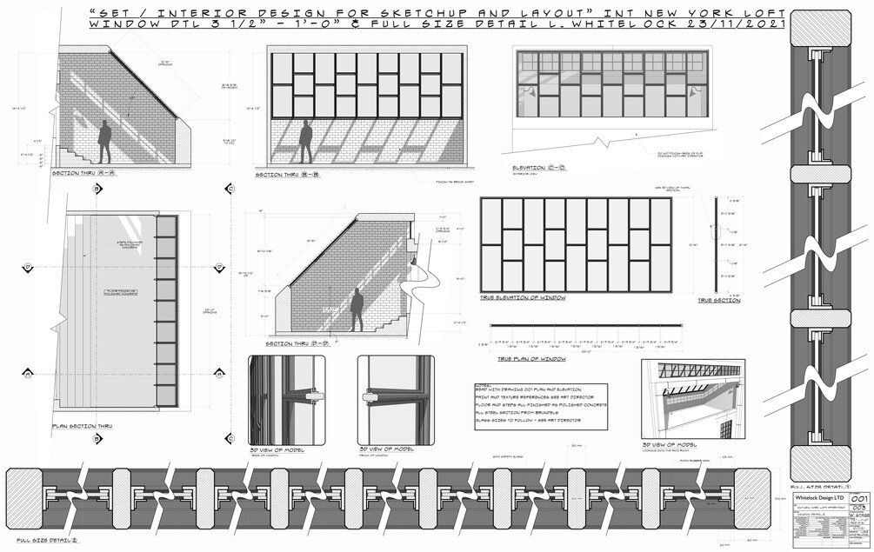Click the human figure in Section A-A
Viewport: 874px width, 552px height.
click(x=104, y=143)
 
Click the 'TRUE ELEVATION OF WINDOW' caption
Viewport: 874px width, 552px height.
click(x=522, y=297)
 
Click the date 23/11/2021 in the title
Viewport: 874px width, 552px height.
click(x=748, y=24)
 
